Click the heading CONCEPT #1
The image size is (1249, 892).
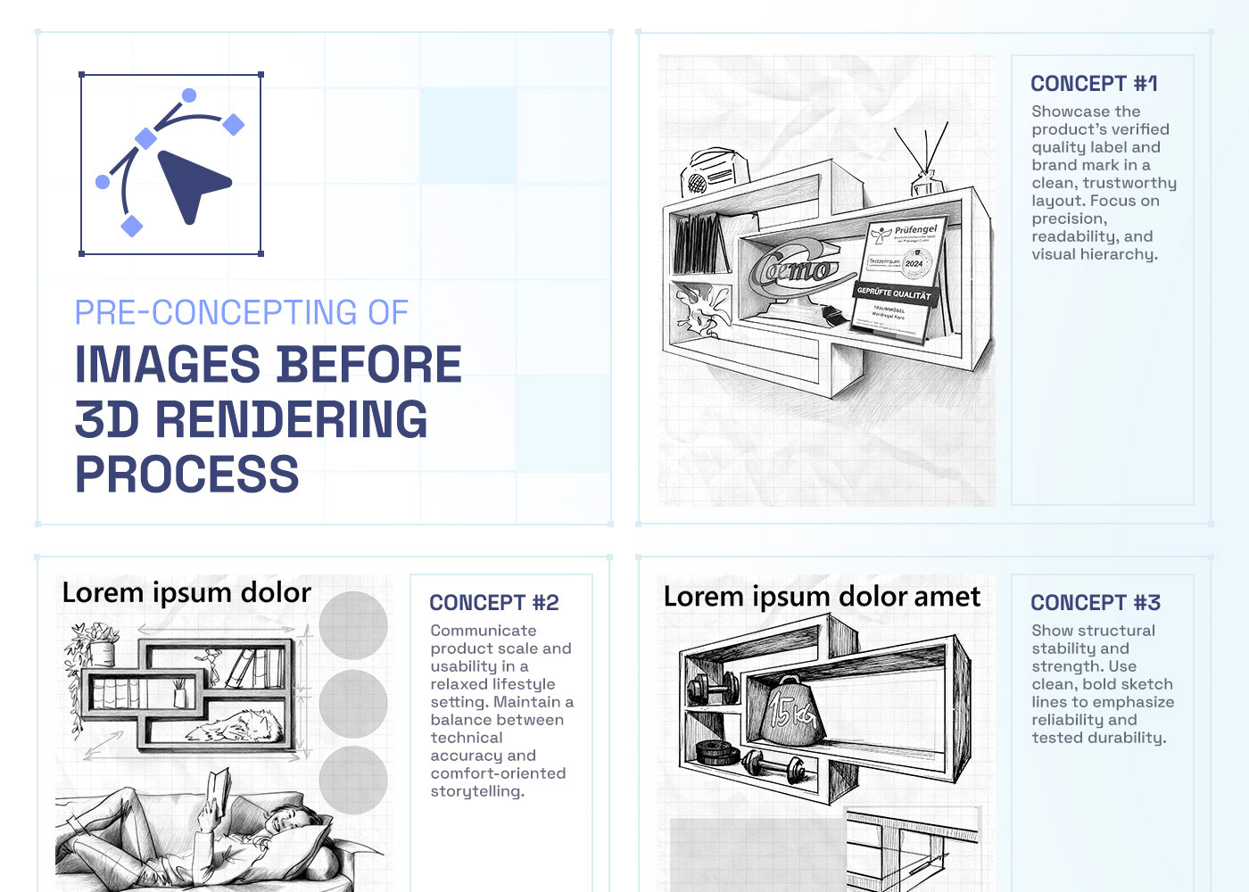[x=1094, y=84]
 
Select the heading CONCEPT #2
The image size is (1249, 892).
[x=494, y=603]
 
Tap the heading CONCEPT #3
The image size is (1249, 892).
[x=1096, y=603]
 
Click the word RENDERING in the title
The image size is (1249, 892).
[x=292, y=419]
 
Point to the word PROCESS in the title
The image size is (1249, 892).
[x=187, y=474]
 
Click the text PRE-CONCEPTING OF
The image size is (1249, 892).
[x=241, y=313]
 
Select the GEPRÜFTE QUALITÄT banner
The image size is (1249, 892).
[x=893, y=293]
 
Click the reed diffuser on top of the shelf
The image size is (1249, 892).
[x=924, y=165]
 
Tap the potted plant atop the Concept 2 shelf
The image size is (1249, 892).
[x=96, y=644]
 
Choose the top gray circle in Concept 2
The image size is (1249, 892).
[x=353, y=624]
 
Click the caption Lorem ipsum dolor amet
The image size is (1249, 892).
[x=822, y=597]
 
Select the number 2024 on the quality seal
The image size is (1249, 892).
[x=914, y=263]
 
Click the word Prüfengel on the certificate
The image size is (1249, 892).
[x=916, y=230]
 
